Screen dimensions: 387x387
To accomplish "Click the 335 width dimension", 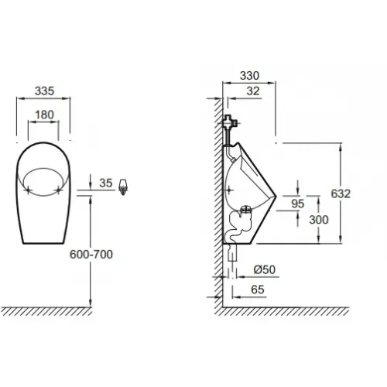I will (43, 91).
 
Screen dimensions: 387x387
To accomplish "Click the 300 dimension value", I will (317, 220).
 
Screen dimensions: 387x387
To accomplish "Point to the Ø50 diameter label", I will (265, 269).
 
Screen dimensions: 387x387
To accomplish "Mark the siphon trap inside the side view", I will (236, 224).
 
